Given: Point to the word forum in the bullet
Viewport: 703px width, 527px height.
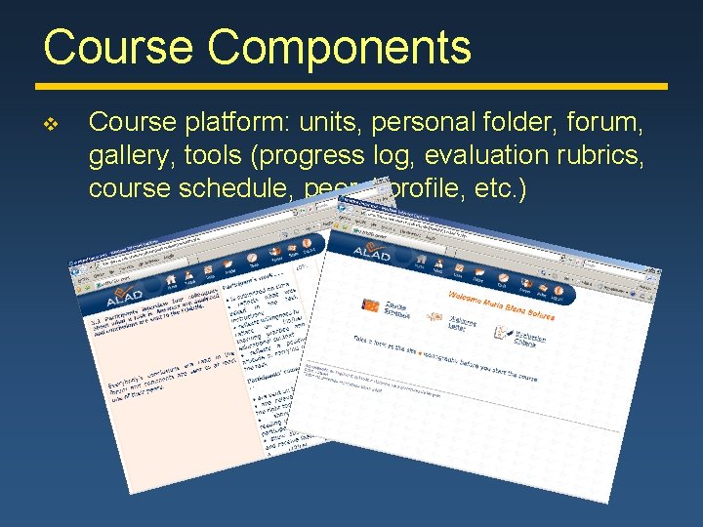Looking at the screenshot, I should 607,123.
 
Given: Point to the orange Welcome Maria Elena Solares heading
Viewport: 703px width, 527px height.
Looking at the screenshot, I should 501,305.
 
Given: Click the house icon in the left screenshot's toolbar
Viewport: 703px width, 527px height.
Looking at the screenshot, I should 173,278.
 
